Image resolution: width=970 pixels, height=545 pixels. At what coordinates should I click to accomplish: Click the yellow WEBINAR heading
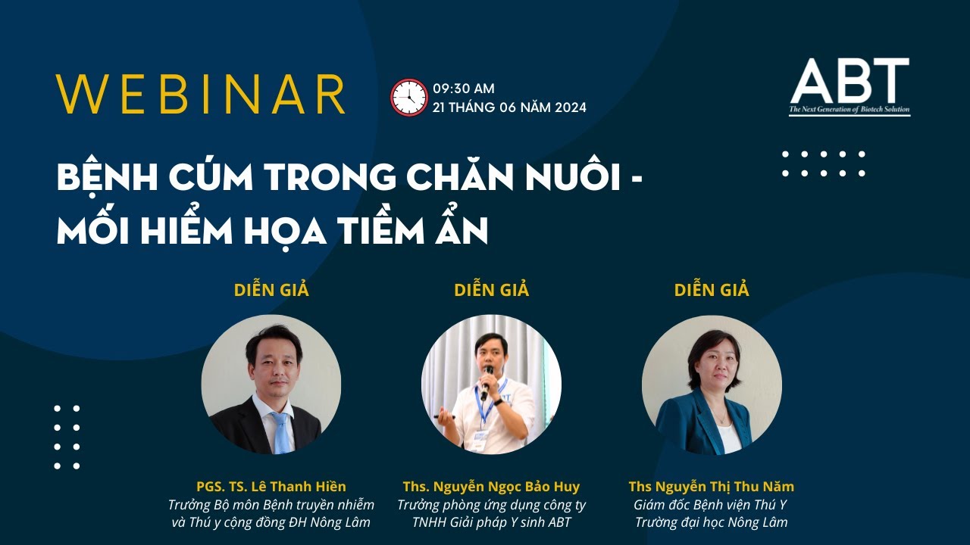201,95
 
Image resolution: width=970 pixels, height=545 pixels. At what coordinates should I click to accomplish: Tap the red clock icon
409,98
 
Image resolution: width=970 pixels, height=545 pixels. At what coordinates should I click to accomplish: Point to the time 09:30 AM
464,89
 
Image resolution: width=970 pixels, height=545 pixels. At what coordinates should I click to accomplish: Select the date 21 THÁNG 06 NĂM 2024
509,107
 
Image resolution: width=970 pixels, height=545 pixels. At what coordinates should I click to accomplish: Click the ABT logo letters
849,81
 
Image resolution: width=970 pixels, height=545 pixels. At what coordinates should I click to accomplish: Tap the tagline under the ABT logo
849,111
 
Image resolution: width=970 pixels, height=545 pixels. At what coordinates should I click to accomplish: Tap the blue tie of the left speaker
280,431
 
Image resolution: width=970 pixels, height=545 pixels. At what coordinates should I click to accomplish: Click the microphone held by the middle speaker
487,378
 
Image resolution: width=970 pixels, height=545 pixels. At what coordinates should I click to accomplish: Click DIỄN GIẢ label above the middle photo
491,290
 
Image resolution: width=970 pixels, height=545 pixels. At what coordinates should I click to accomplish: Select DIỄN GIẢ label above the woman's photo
712,290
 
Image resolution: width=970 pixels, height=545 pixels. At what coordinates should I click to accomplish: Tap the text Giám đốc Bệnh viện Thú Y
711,505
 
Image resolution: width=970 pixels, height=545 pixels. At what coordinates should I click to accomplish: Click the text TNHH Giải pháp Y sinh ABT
491,522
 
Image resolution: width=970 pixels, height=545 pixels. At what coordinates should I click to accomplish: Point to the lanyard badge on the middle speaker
480,438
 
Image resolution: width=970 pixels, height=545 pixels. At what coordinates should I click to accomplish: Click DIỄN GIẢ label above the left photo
271,290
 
